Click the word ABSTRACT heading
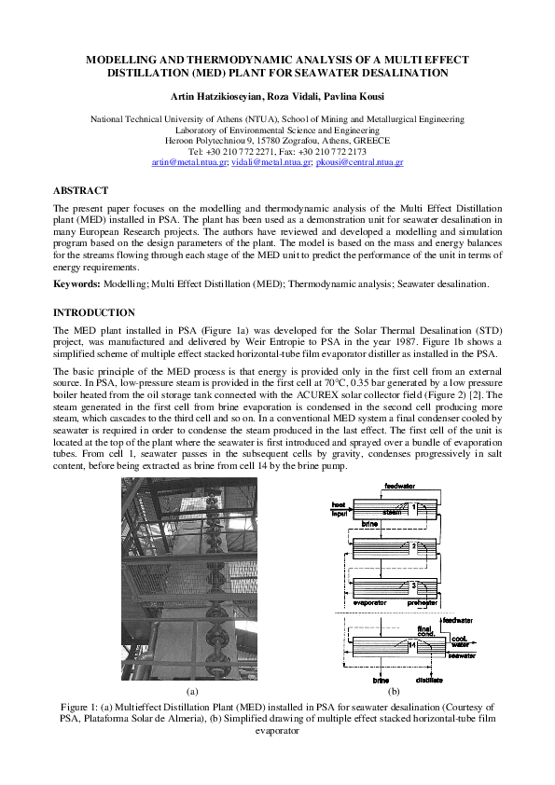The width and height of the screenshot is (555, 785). [80, 189]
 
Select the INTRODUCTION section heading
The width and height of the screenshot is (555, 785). [93, 312]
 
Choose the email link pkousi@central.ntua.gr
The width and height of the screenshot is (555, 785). [360, 162]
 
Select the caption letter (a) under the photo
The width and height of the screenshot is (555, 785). [193, 691]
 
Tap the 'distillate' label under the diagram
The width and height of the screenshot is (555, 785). [429, 681]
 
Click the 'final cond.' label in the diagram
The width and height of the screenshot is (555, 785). [426, 629]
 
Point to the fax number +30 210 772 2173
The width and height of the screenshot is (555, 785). [328, 151]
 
